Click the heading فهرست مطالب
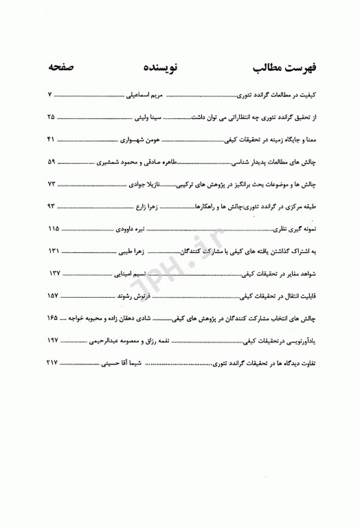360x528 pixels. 284,69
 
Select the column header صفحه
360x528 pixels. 62,69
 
